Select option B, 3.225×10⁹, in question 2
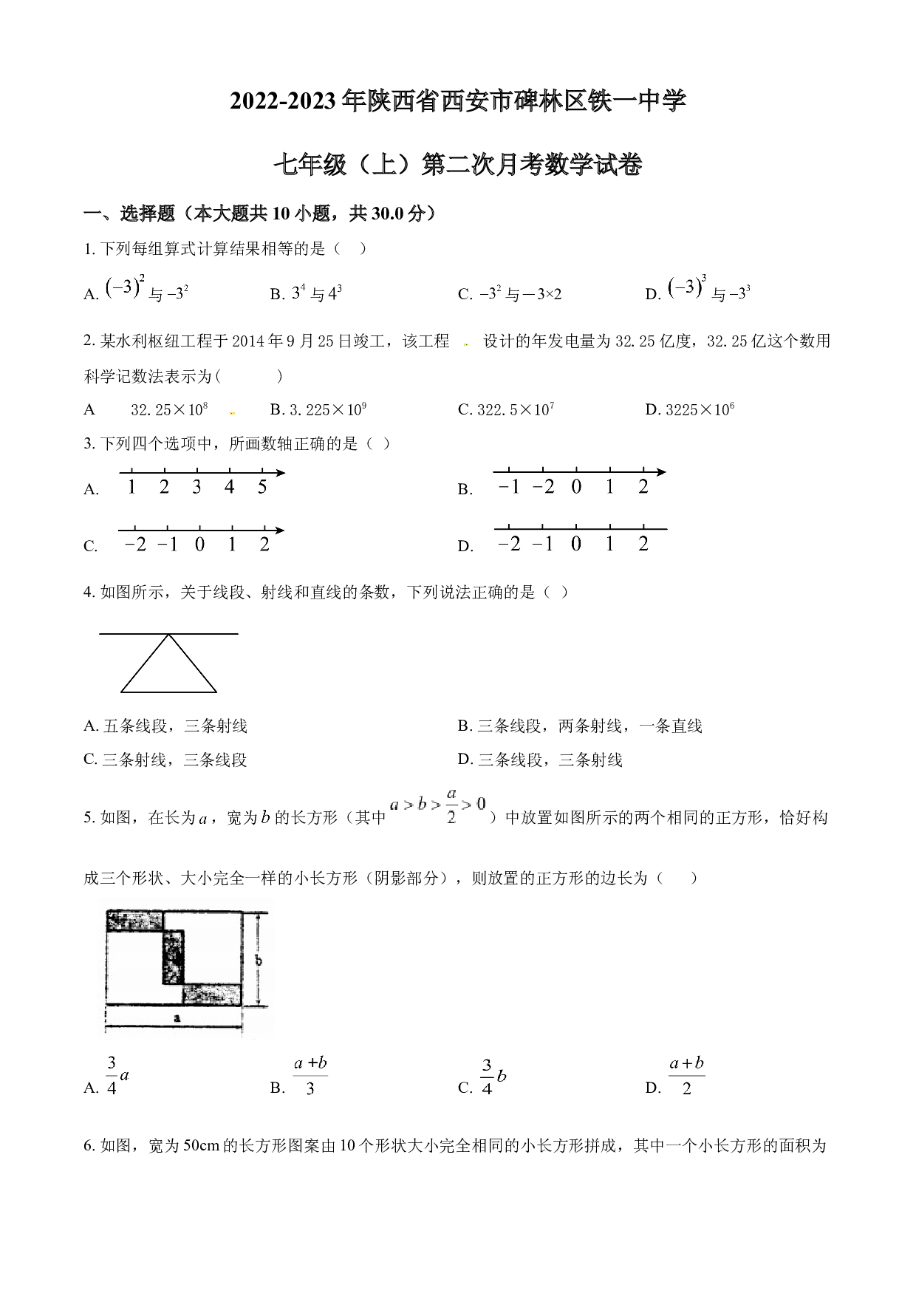coord(318,409)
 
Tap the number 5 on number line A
coord(262,487)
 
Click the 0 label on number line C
coord(199,545)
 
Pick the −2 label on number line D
coord(509,544)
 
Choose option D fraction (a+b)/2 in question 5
coord(686,1075)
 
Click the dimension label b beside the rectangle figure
coord(258,961)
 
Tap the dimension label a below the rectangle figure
coord(177,1017)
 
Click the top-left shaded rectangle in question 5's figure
coord(135,921)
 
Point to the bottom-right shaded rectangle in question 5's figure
coord(213,995)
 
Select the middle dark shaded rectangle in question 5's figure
coord(173,957)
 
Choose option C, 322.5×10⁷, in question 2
coord(506,409)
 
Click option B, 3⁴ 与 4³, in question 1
coord(306,294)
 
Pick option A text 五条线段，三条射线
coord(165,726)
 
